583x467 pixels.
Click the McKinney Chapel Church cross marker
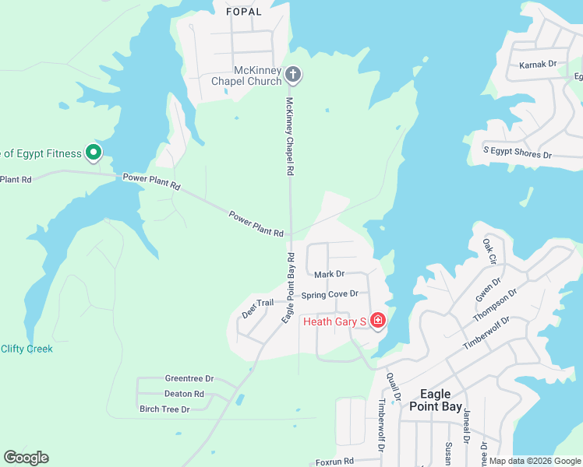click(293, 75)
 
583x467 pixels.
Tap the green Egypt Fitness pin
click(94, 153)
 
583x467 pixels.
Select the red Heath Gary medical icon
click(378, 321)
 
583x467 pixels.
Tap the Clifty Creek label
click(26, 349)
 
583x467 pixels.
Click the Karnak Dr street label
click(538, 65)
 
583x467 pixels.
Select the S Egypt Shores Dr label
click(518, 153)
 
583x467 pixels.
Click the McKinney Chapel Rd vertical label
click(289, 136)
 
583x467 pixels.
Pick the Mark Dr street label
click(329, 274)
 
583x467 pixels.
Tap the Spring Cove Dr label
click(330, 294)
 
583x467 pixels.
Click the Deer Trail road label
click(258, 307)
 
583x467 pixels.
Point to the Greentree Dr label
click(189, 378)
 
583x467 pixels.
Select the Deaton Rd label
click(184, 394)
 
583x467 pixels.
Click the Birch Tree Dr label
click(164, 409)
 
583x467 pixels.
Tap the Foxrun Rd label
click(335, 461)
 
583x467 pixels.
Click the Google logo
click(26, 458)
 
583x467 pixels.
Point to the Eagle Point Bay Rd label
click(288, 288)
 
